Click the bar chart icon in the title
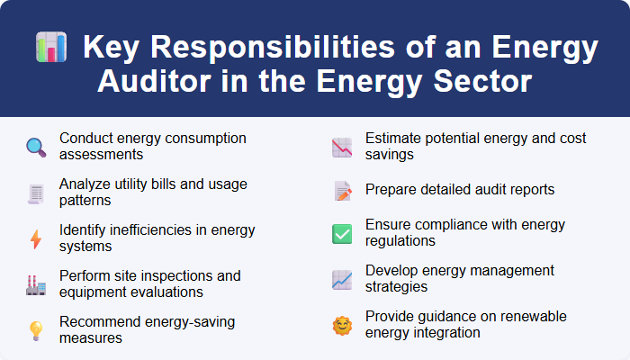point(50,47)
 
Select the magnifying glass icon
point(36,147)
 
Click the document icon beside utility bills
point(36,193)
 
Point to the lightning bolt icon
point(36,238)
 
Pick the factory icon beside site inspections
point(36,284)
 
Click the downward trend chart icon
point(342,147)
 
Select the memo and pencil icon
point(342,191)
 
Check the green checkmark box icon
point(342,234)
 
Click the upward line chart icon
point(342,279)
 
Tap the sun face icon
point(342,324)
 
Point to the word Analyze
point(86,184)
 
